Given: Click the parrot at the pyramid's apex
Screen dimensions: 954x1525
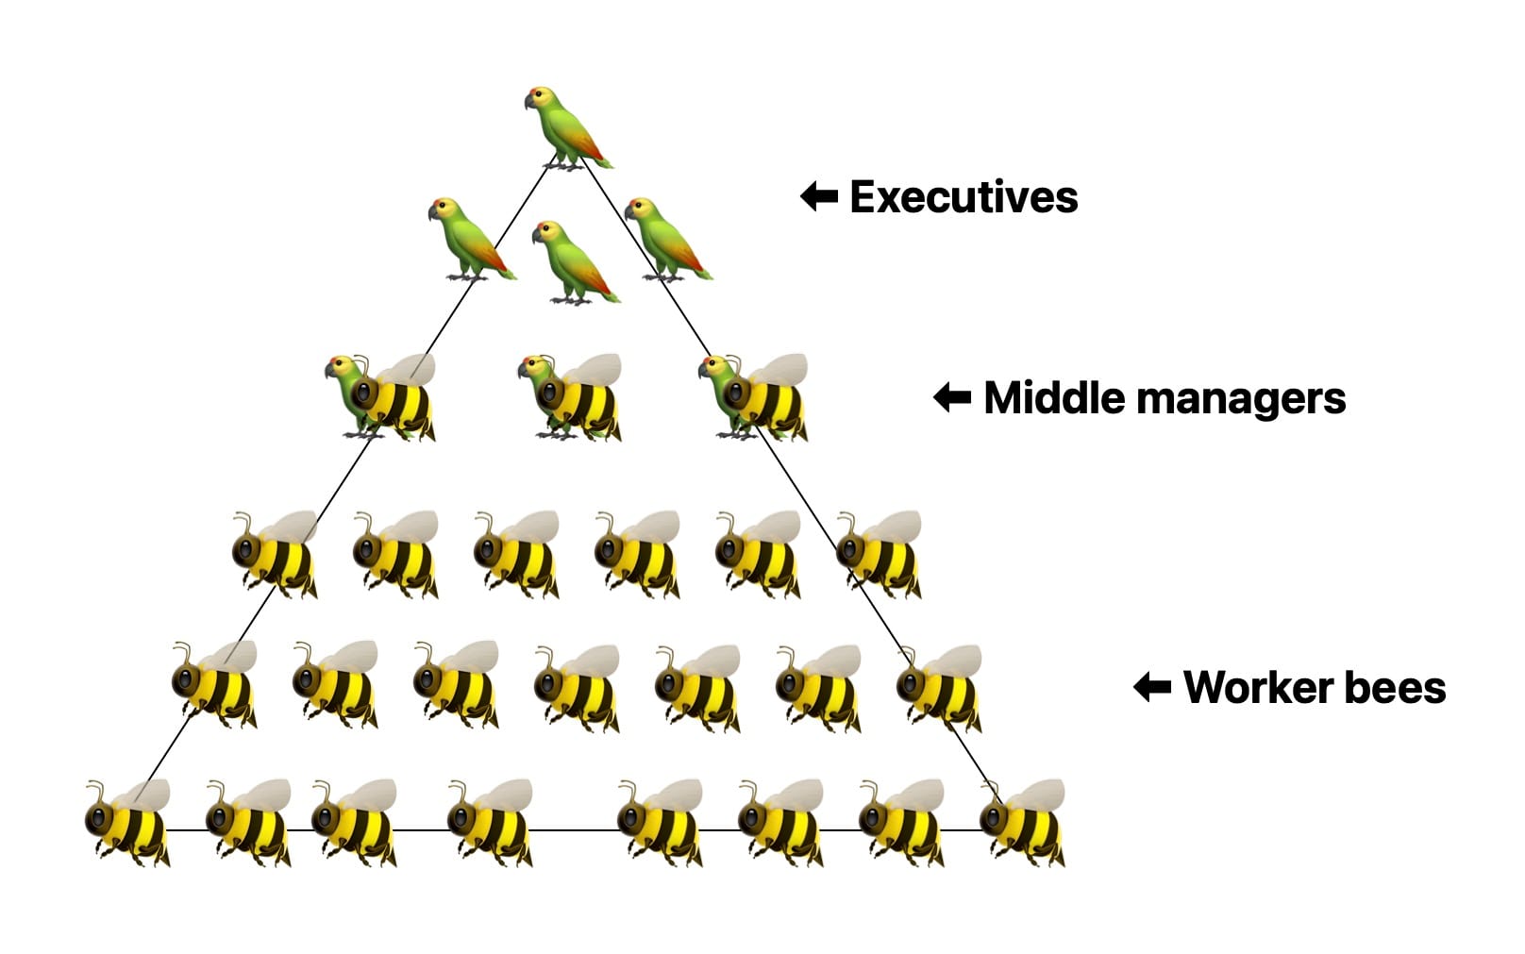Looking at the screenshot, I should tap(567, 129).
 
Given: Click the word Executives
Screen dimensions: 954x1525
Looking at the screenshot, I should tap(964, 197).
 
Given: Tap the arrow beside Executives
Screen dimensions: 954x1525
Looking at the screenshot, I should tap(819, 196).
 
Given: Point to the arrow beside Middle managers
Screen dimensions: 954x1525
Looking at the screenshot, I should tap(952, 397).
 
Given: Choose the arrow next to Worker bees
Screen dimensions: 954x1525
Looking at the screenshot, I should tap(1152, 687).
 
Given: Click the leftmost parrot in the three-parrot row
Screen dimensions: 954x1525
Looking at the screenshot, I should tap(470, 240).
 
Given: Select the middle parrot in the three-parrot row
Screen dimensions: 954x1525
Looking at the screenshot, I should tap(574, 262).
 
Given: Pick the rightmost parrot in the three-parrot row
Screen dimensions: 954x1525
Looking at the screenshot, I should tap(666, 240).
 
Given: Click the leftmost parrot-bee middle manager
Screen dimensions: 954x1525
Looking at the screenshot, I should tap(382, 397).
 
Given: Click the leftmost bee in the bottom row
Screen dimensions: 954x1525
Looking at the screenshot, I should tap(127, 822).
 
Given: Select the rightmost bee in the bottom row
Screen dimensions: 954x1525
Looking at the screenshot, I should tap(1023, 822).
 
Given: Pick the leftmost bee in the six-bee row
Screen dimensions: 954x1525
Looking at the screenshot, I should tap(274, 554).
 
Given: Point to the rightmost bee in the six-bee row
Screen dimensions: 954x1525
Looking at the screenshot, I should tap(879, 554).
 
